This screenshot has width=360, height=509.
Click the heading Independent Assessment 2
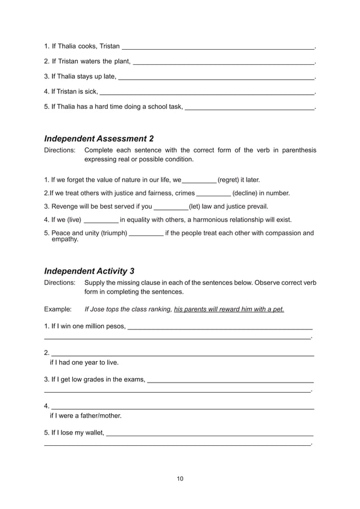[x=99, y=138]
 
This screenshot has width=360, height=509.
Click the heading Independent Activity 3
[x=89, y=270]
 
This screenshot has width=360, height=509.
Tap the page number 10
[x=180, y=479]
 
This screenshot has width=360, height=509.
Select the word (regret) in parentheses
[x=230, y=180]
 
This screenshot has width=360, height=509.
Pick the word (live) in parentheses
[x=71, y=220]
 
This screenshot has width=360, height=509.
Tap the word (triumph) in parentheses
[x=109, y=232]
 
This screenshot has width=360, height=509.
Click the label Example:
[x=58, y=309]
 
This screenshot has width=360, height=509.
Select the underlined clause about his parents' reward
[x=229, y=309]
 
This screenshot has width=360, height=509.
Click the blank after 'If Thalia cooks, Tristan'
[x=218, y=46]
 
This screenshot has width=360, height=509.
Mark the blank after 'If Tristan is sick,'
[x=207, y=91]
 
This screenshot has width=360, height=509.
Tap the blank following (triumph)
[x=146, y=233]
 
